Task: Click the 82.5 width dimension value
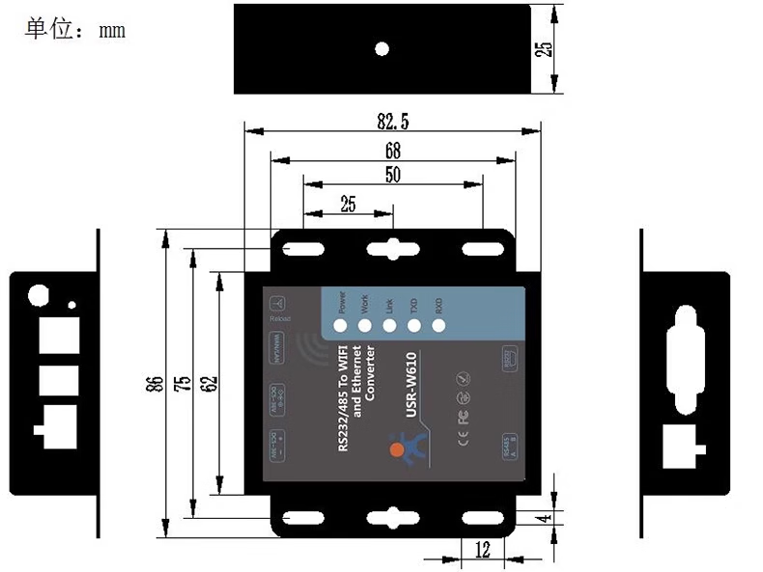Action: [x=393, y=122]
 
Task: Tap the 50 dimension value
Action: [x=393, y=175]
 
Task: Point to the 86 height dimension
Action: [x=153, y=384]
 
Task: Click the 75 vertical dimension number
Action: [x=181, y=384]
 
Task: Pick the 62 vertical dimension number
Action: [x=208, y=384]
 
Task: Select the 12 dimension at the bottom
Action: [x=483, y=551]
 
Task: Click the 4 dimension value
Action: [x=548, y=518]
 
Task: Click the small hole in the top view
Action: [x=382, y=48]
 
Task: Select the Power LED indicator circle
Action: [x=341, y=325]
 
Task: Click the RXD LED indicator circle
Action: [x=438, y=325]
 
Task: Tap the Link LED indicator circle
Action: [x=389, y=325]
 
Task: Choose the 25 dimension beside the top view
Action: [x=548, y=48]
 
